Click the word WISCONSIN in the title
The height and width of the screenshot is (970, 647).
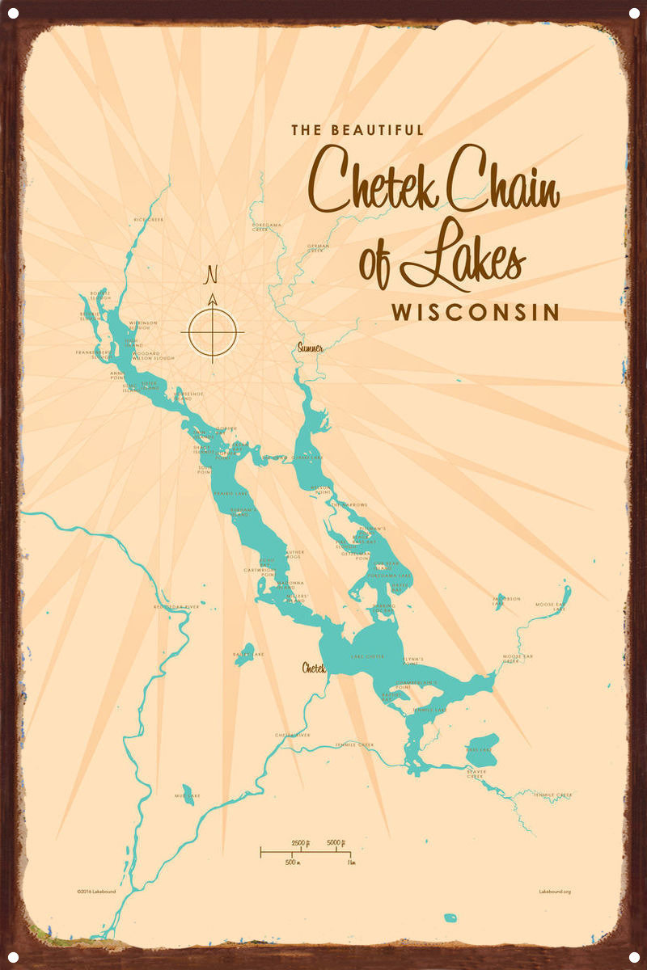pyautogui.click(x=476, y=312)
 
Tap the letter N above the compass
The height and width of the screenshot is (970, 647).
pyautogui.click(x=213, y=275)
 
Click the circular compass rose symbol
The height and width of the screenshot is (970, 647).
pyautogui.click(x=213, y=330)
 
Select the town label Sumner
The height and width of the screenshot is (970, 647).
pyautogui.click(x=310, y=348)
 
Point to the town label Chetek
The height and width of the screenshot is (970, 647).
pyautogui.click(x=314, y=668)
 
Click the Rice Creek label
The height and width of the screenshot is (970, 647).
pyautogui.click(x=149, y=219)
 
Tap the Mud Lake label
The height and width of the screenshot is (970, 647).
pyautogui.click(x=187, y=796)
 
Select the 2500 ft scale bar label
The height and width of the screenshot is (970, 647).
pyautogui.click(x=298, y=843)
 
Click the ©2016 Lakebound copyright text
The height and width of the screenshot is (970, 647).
pyautogui.click(x=95, y=892)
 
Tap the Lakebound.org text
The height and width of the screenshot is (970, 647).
pyautogui.click(x=555, y=892)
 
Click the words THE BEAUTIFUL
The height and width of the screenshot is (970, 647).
pyautogui.click(x=357, y=129)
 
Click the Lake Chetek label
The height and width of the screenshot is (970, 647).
pyautogui.click(x=368, y=656)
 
